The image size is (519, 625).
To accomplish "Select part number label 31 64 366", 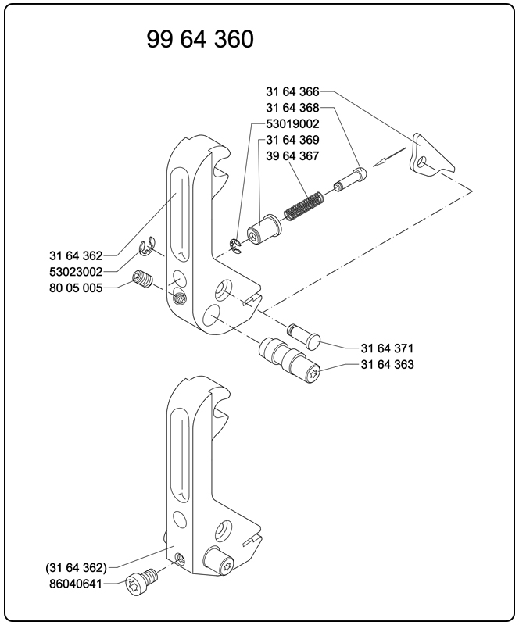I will coord(292,92).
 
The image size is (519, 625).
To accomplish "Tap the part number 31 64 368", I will coord(292,108).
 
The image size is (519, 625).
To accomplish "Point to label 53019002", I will coord(292,124).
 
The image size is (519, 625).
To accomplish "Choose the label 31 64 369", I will coord(292,140).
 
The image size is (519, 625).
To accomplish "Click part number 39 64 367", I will coord(292,156).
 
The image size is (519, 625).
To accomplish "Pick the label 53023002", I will coord(76,271).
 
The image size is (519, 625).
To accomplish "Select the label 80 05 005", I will coord(76,287).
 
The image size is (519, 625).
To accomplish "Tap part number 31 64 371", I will coord(387,348).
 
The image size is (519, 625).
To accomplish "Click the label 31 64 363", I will coord(387,365).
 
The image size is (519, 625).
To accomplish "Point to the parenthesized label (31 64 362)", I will coord(76,566).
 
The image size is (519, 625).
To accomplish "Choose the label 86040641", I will coord(76,583).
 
